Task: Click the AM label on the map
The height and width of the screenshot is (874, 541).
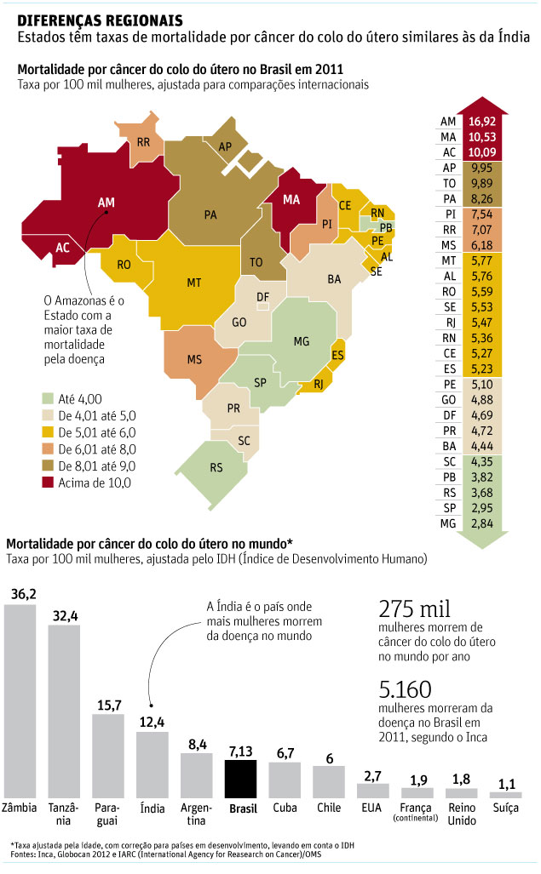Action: (x=106, y=203)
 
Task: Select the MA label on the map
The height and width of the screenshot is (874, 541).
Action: (x=292, y=200)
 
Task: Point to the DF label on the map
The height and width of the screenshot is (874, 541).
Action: (x=263, y=296)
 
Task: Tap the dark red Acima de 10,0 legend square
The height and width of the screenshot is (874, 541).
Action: (x=49, y=483)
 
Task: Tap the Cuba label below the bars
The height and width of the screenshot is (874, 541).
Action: (x=285, y=808)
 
